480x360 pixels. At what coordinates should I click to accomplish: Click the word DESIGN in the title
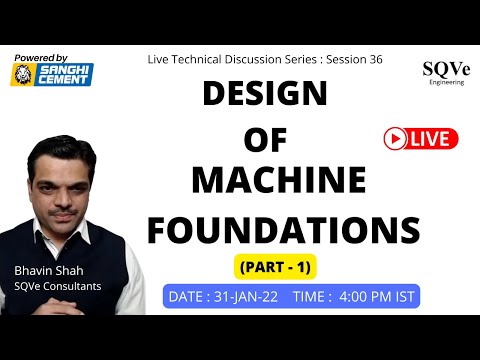(x=265, y=96)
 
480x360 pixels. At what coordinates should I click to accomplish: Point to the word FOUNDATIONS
(x=283, y=230)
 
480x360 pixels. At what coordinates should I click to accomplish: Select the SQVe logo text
(x=441, y=70)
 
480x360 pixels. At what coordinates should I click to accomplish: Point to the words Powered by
(x=42, y=58)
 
